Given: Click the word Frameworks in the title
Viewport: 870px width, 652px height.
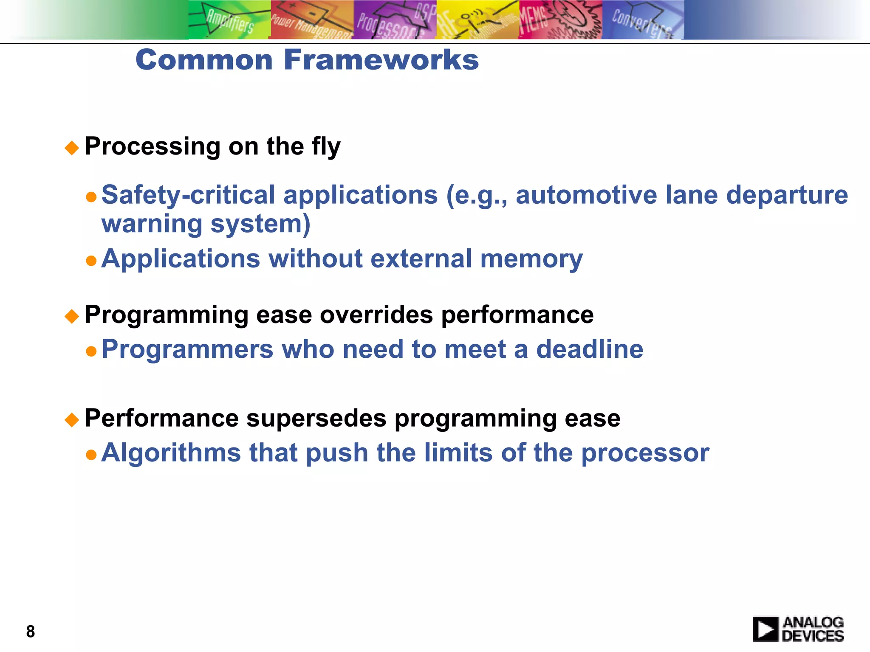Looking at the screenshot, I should point(381,60).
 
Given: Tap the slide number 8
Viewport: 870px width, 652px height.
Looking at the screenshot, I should point(30,631).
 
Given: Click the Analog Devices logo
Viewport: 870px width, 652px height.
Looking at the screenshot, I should point(798,629).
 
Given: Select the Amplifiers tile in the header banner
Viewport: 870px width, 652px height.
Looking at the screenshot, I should point(229,20).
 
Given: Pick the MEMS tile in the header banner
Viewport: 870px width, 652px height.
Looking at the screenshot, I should point(560,20).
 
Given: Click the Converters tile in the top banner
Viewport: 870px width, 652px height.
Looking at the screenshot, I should point(642,20).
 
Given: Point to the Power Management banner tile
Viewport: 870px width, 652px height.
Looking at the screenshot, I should point(312,20).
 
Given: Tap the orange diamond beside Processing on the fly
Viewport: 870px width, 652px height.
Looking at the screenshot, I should point(72,148).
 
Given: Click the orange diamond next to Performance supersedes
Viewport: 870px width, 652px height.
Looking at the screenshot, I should point(72,420).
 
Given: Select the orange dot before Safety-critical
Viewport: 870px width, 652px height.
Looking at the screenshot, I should point(91,197).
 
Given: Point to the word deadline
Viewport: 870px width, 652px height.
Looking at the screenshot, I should point(590,349).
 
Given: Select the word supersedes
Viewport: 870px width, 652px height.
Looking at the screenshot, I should point(316,418).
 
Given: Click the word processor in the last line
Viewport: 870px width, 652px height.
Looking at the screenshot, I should point(645,453).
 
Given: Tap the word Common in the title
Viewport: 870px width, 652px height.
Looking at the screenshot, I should point(204,60).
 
